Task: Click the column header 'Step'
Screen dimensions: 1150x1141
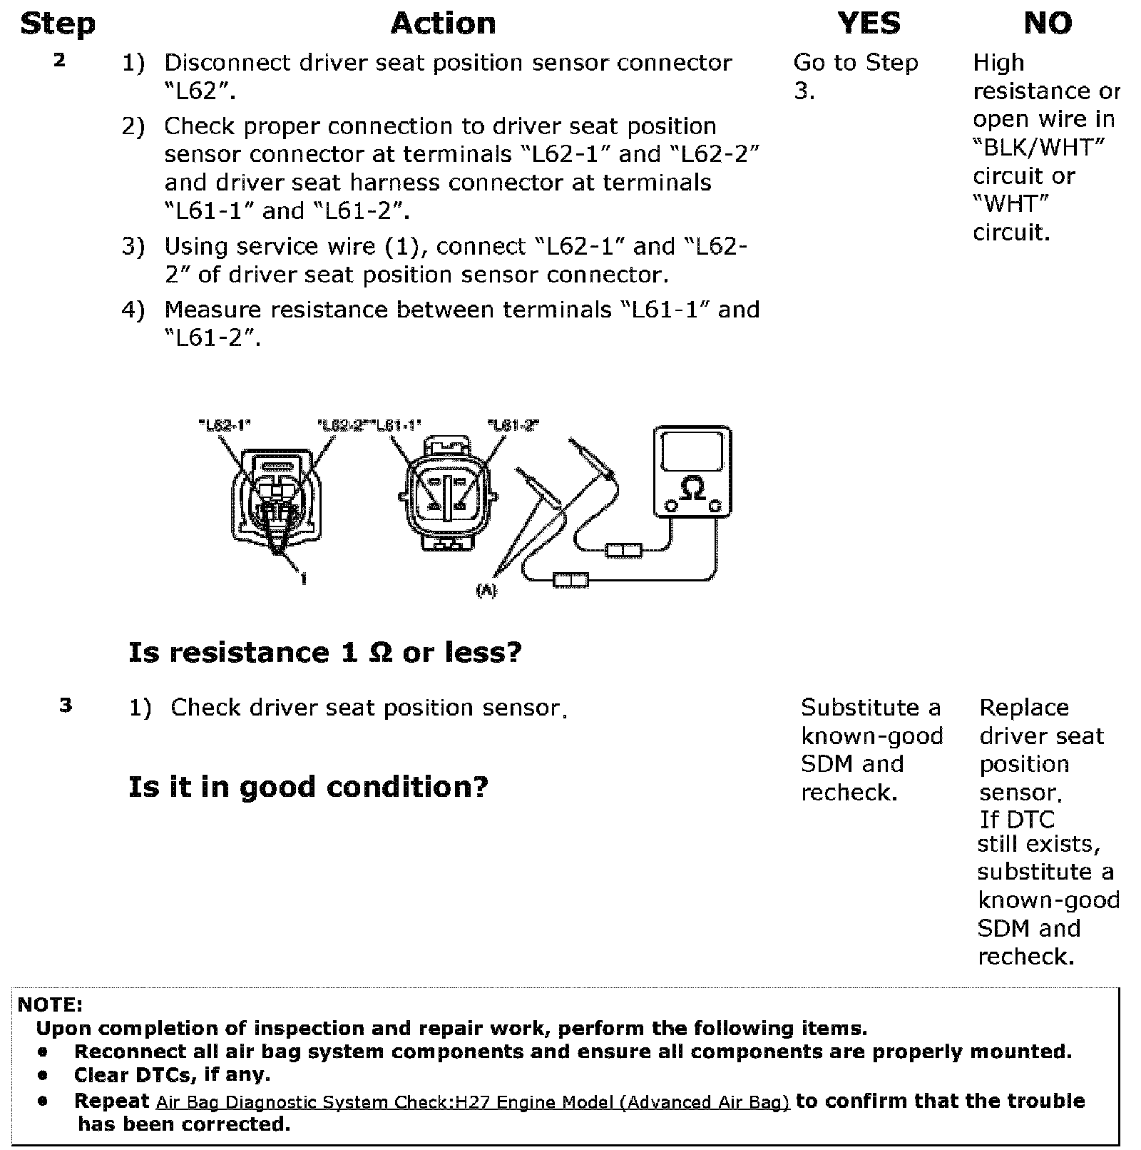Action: (58, 24)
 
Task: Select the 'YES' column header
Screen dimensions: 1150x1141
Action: (869, 24)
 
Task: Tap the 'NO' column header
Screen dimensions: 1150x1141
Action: (1047, 24)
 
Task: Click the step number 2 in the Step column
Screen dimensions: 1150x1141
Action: (59, 61)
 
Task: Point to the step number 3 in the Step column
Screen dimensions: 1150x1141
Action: (66, 706)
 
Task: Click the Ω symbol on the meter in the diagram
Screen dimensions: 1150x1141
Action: (692, 489)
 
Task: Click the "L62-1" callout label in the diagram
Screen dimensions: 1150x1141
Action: (224, 426)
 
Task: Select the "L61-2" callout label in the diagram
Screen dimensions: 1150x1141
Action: (513, 426)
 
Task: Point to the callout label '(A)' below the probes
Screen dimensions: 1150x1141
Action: (486, 591)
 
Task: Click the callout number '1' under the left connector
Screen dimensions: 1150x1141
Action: (304, 579)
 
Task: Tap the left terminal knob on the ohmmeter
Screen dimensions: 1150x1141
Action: (670, 506)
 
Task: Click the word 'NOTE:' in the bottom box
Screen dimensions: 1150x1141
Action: (50, 1005)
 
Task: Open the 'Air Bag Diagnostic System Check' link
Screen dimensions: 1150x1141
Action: (472, 1102)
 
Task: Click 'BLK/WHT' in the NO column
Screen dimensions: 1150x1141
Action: (1038, 148)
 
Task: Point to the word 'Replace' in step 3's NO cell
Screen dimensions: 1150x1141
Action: (1023, 708)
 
